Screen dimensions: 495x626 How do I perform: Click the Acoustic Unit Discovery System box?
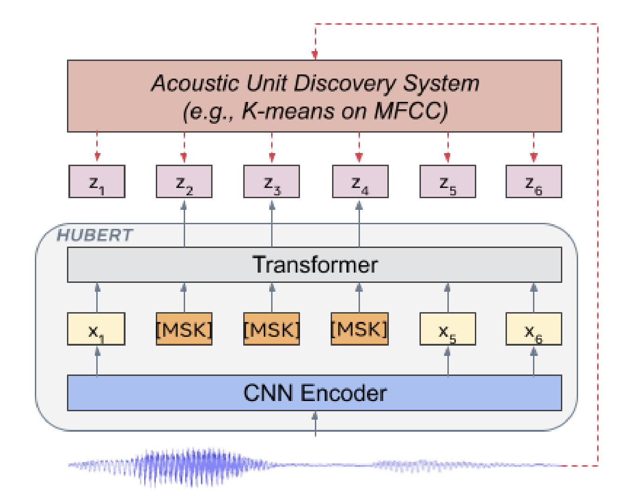coord(314,96)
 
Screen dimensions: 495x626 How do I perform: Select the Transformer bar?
coord(314,265)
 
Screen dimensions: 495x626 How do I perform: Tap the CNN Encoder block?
coord(314,393)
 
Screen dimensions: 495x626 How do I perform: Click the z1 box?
coord(97,181)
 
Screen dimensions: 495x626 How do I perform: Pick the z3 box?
coord(272,181)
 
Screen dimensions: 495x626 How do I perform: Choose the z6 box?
coord(533,181)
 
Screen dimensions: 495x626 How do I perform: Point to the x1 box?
coord(96,329)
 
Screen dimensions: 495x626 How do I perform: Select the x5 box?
coord(447,329)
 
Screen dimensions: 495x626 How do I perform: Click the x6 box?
coord(533,329)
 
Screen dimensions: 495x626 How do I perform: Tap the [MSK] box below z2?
coord(184,329)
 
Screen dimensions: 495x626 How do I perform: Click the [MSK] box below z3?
coord(272,329)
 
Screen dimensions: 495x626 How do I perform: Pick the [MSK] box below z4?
coord(359,329)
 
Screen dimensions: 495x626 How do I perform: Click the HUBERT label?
coord(94,235)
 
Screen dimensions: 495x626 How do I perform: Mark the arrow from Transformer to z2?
coord(184,223)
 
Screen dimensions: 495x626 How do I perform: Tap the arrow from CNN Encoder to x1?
coord(97,361)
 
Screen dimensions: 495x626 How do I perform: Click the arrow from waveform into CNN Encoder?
coord(315,423)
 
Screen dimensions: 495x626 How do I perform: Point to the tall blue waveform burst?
coord(195,465)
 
